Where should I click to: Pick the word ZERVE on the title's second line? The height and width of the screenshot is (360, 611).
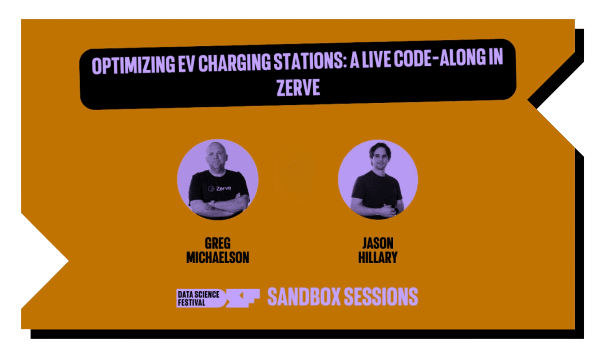pos(298,88)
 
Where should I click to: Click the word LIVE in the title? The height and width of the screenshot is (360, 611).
pos(376,60)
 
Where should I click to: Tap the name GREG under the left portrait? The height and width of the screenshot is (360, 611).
pos(218,243)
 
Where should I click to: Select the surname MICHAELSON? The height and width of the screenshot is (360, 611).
pos(218,258)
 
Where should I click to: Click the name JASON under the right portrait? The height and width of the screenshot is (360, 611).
pos(378,243)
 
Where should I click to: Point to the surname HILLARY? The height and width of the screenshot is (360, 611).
pos(378,258)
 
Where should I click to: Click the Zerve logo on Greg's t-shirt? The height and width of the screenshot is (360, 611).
pos(219,188)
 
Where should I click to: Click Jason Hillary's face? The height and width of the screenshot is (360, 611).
pos(378,157)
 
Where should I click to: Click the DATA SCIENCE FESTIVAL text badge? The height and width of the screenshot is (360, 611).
pos(198,298)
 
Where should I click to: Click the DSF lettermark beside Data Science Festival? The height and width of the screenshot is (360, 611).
pos(243,298)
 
